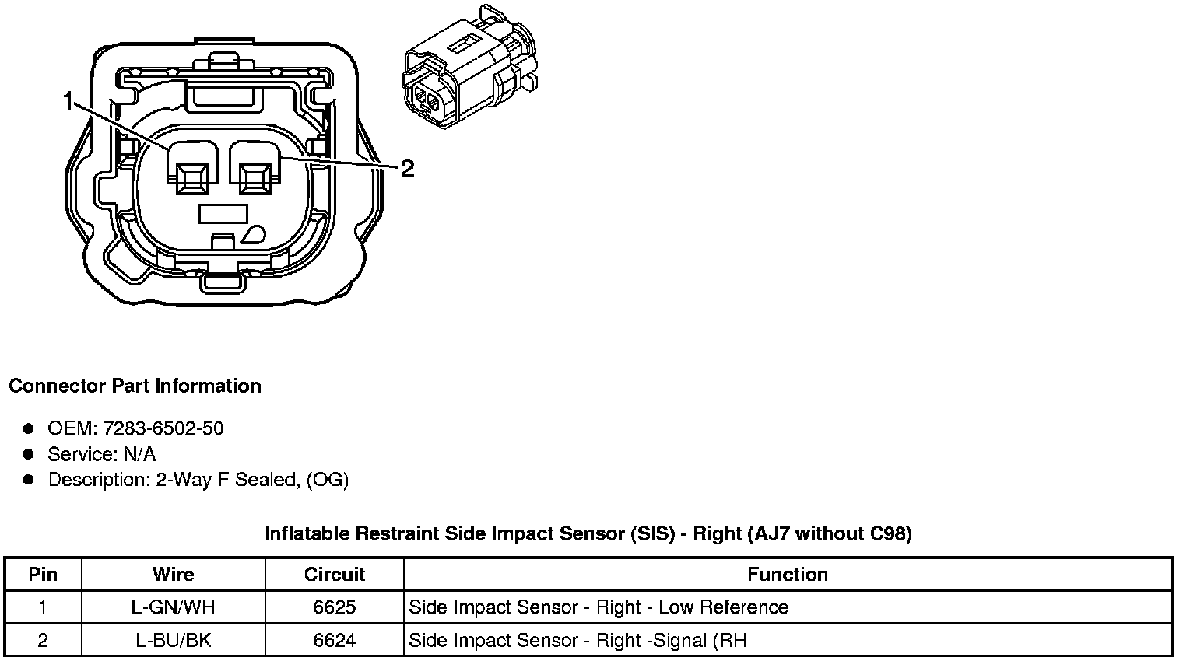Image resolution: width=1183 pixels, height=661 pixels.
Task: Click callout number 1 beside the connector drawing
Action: click(68, 101)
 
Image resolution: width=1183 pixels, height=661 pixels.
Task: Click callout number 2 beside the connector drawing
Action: click(406, 168)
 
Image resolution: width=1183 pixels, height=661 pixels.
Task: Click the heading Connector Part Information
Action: click(135, 386)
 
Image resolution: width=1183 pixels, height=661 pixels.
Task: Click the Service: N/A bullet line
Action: click(101, 454)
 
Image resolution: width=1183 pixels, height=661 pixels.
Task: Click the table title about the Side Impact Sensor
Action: click(588, 533)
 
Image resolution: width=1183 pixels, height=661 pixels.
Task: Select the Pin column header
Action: click(43, 575)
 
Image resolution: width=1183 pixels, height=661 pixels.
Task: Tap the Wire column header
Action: click(173, 575)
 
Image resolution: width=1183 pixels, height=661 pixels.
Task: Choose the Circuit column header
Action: click(335, 575)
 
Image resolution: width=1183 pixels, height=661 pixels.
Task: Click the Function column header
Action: click(788, 575)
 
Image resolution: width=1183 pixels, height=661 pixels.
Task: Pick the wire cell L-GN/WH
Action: click(173, 607)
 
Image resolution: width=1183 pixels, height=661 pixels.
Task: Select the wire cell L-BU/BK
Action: click(173, 641)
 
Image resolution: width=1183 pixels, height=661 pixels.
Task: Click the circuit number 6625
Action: click(335, 607)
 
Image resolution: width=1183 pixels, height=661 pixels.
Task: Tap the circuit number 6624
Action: click(335, 641)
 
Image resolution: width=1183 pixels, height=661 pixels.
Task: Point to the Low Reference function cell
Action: click(599, 607)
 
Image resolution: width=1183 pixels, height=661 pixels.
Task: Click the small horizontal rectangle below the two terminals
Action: click(223, 212)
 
